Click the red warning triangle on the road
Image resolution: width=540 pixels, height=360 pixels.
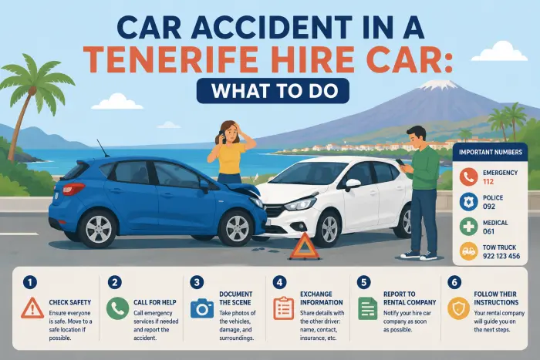pyautogui.click(x=305, y=247)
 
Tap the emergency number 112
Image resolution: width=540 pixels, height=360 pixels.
pyautogui.click(x=488, y=181)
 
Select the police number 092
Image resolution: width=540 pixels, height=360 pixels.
pyautogui.click(x=489, y=207)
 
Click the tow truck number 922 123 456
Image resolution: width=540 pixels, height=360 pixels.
pyautogui.click(x=501, y=256)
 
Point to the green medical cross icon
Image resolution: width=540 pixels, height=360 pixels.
pyautogui.click(x=468, y=227)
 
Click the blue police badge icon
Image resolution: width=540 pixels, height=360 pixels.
pyautogui.click(x=468, y=202)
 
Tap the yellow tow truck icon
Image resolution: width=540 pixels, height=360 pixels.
pyautogui.click(x=468, y=251)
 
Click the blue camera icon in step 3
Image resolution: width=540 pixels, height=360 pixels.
pyautogui.click(x=202, y=308)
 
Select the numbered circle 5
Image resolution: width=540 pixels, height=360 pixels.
pyautogui.click(x=363, y=283)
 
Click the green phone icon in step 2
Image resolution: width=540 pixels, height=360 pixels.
pyautogui.click(x=118, y=308)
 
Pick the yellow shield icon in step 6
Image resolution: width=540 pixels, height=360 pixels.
pyautogui.click(x=459, y=308)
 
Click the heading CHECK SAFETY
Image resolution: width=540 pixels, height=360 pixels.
pyautogui.click(x=70, y=302)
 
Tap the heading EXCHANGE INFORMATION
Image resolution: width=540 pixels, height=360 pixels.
pyautogui.click(x=322, y=298)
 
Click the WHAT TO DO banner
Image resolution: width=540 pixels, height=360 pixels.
pyautogui.click(x=273, y=91)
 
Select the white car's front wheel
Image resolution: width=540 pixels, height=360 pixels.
pyautogui.click(x=329, y=229)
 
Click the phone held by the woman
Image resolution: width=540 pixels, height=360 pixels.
pyautogui.click(x=222, y=136)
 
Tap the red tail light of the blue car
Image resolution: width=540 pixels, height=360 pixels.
pyautogui.click(x=73, y=188)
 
